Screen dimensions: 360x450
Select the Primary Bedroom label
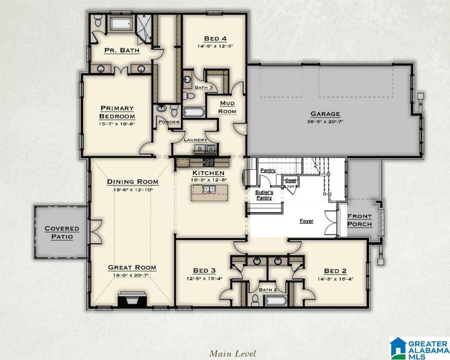pos(117,112)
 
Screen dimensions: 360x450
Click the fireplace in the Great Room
pos(132,300)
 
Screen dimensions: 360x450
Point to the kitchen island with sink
pos(210,192)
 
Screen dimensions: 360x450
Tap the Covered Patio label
pos(62,232)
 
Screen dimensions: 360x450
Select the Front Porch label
pos(359,220)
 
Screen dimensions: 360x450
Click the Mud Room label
pos(227,107)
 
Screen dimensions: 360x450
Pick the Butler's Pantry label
pos(264,195)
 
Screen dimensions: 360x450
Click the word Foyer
pos(306,221)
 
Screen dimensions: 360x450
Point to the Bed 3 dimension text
pos(205,278)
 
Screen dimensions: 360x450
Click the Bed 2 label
pos(335,271)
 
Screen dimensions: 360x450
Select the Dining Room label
pos(132,182)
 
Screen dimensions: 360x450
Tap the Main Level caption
pos(233,353)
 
